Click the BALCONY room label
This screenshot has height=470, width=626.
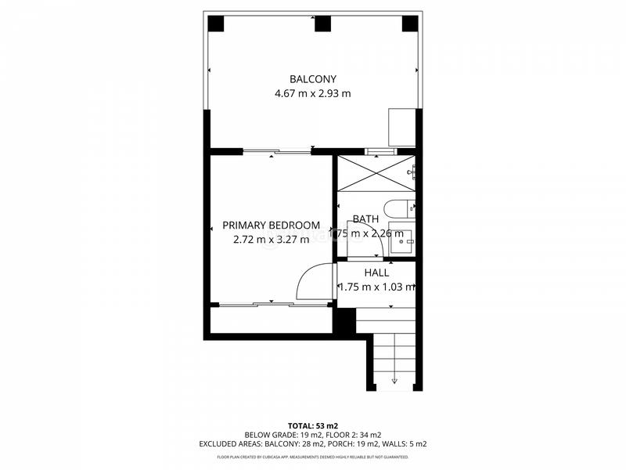coord(312,79)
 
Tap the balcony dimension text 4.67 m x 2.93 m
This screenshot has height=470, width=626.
coord(312,93)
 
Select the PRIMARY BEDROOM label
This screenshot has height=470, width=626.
coord(271,225)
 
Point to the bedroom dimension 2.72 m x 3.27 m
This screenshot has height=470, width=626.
coord(271,240)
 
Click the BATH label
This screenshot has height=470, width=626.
coord(365,219)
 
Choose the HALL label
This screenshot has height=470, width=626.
coord(376,273)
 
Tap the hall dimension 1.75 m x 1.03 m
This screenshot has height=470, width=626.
coord(376,287)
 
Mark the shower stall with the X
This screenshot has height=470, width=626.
coord(376,174)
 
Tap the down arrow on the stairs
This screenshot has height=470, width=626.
coord(394,380)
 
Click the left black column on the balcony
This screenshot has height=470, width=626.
coord(215,23)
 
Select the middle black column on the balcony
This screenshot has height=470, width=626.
coord(322,23)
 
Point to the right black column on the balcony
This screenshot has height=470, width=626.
coord(410,23)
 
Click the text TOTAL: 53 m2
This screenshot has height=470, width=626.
coord(312,425)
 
